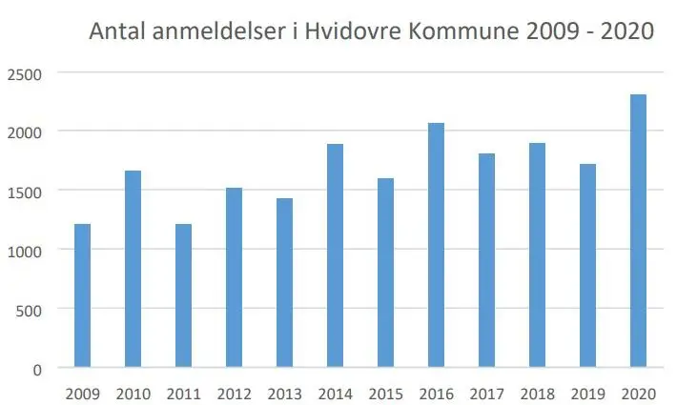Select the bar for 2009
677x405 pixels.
coord(82,295)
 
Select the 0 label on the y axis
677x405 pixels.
coord(36,369)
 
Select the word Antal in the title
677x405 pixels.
coord(117,30)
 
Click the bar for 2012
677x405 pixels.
coord(234,277)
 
